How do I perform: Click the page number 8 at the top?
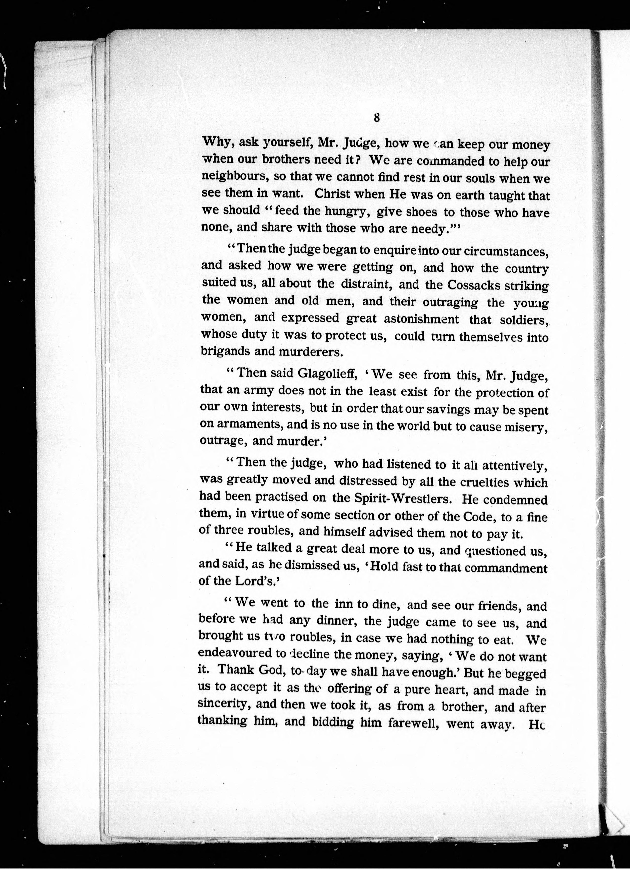click(376, 118)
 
